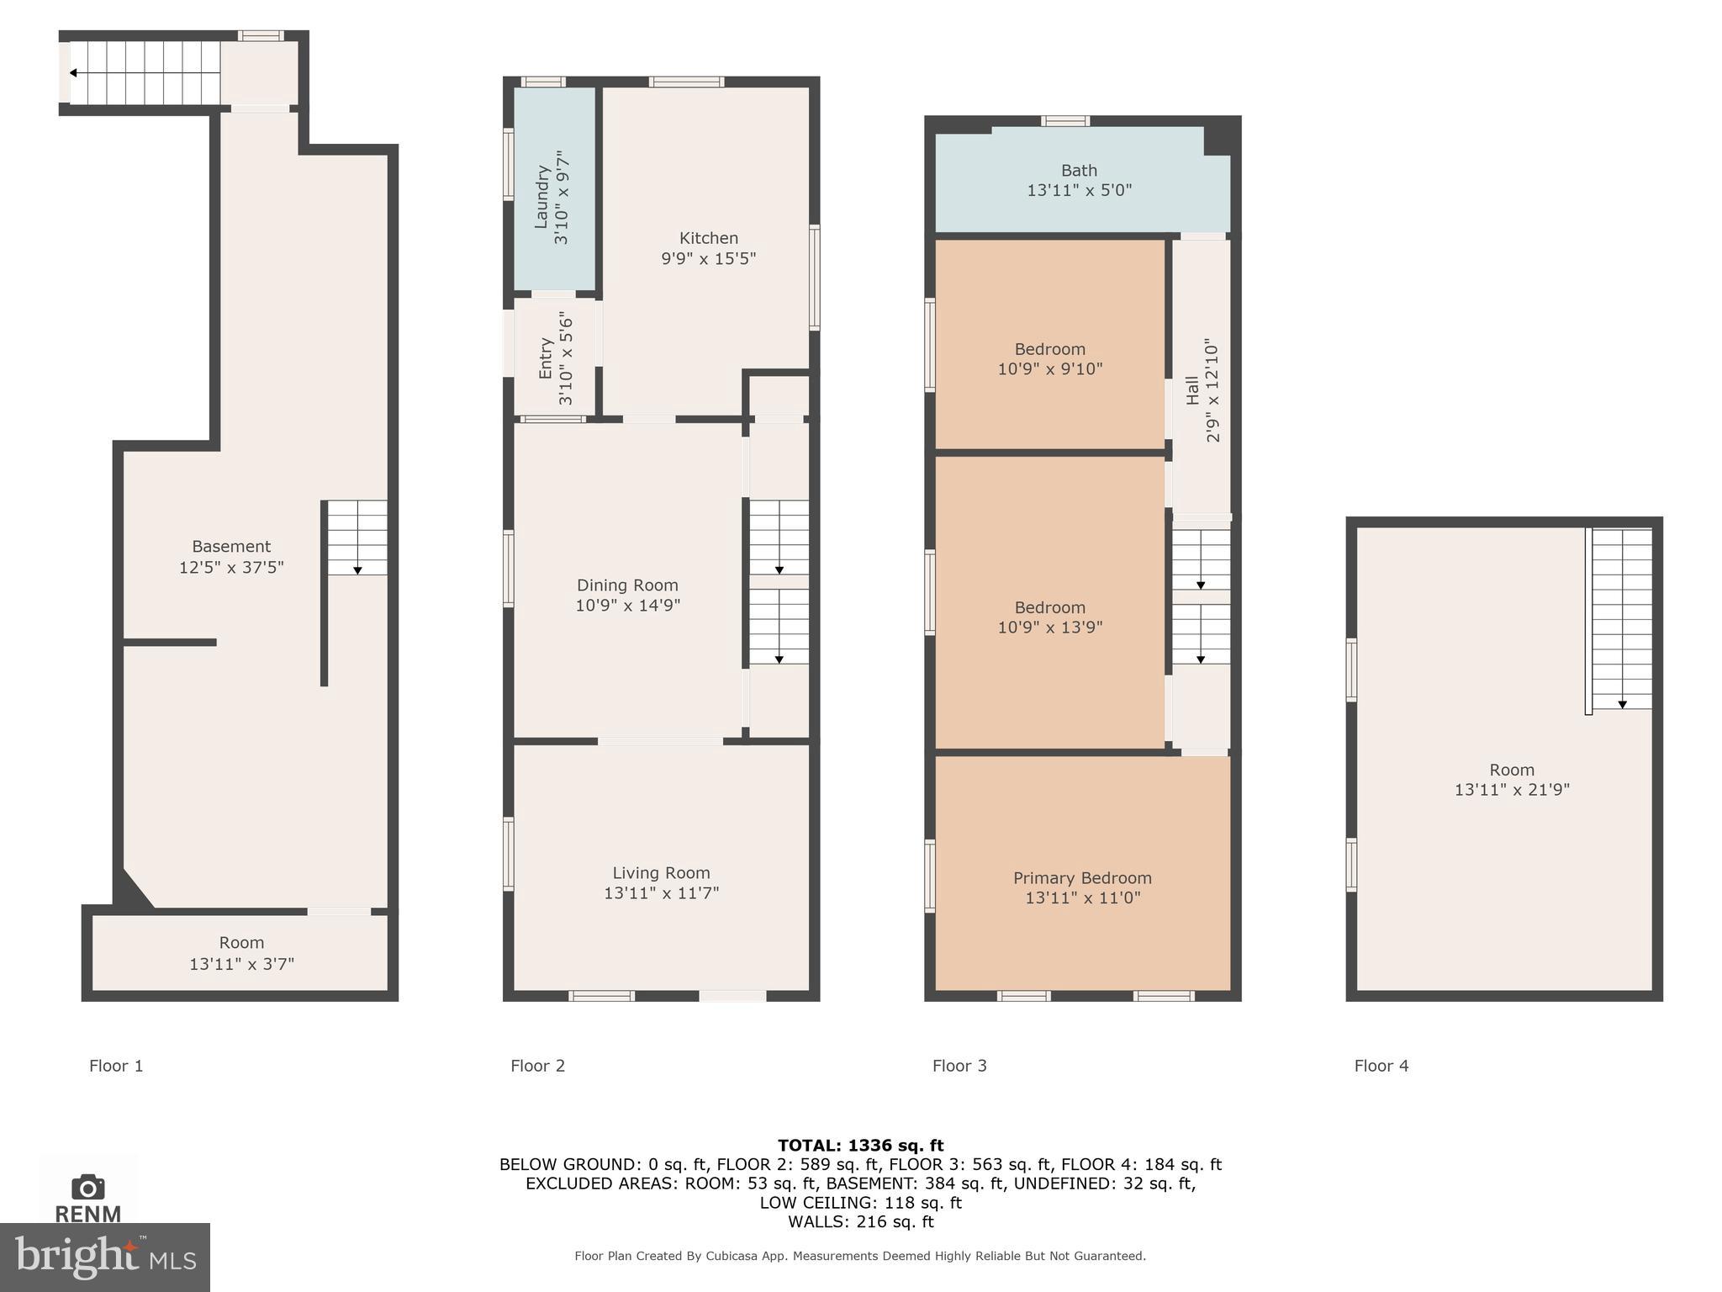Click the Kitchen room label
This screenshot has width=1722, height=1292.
[708, 238]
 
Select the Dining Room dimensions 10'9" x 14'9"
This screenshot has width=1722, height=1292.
[627, 605]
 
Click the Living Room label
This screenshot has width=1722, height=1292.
[661, 873]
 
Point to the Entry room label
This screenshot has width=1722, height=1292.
[546, 358]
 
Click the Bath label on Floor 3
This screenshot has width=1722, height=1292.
[1079, 171]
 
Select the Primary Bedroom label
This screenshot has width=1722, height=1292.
[1082, 878]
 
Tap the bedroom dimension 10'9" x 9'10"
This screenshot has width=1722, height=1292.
[1049, 368]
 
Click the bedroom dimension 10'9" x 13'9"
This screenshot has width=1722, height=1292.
[1049, 627]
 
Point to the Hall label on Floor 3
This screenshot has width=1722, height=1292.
[1192, 390]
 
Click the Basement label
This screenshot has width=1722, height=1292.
[231, 547]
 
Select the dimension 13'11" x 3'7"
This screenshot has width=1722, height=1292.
[241, 964]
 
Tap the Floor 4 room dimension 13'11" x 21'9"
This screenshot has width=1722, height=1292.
[1512, 790]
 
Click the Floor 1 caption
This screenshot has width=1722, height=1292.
[116, 1066]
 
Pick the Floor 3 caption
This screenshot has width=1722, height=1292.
[959, 1066]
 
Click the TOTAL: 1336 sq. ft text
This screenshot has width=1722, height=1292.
[860, 1145]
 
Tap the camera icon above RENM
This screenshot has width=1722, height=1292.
[88, 1188]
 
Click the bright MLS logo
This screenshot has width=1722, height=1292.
[104, 1258]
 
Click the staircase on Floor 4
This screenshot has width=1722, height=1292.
[1621, 618]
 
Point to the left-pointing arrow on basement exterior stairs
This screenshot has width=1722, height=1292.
[74, 73]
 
